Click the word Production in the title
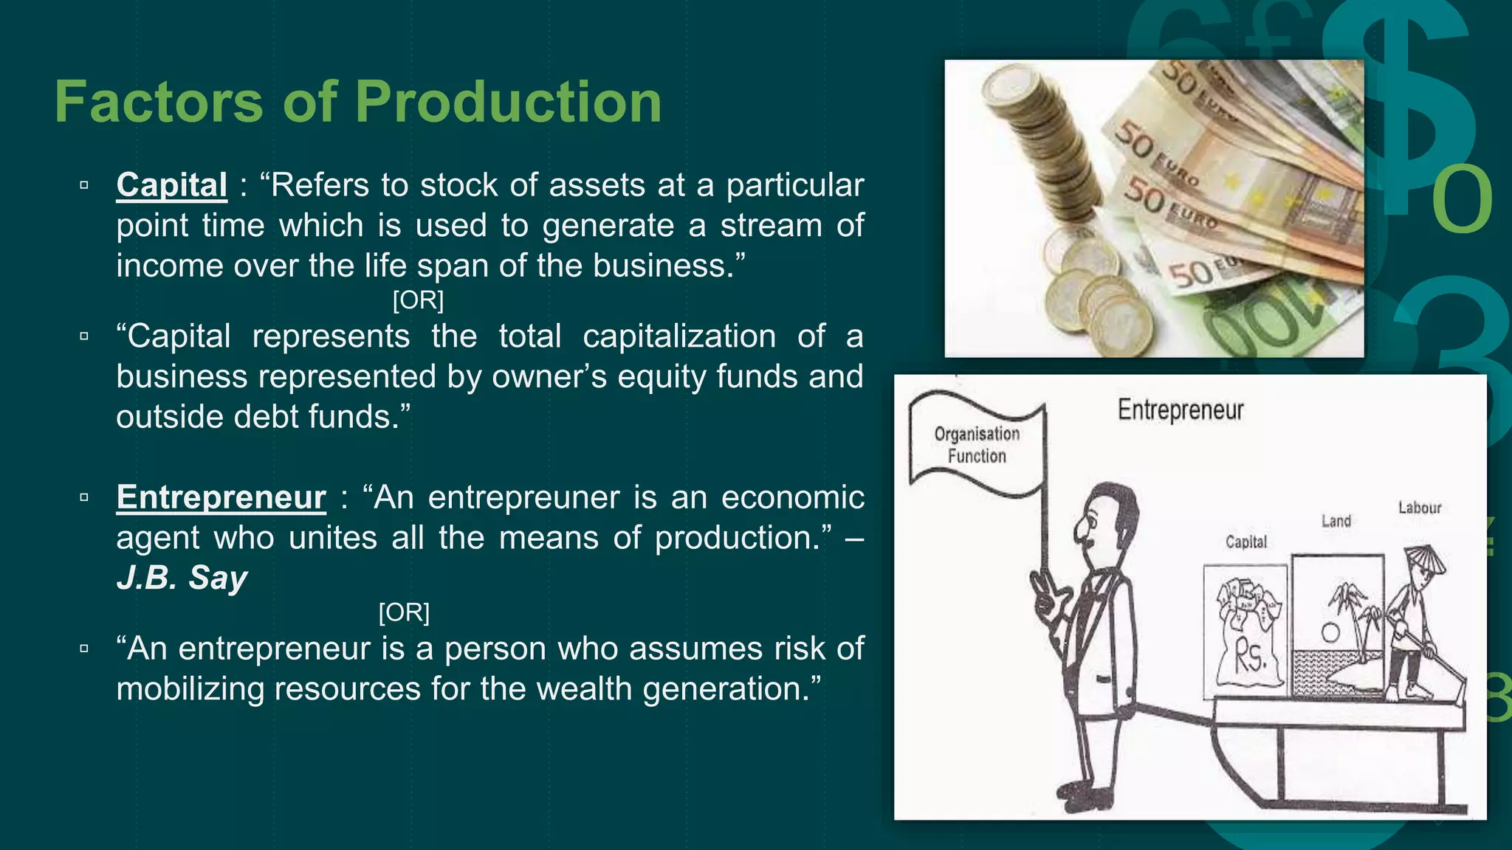[x=508, y=102]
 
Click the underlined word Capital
[x=171, y=184]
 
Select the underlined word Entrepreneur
[x=221, y=497]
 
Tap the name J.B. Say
[x=182, y=578]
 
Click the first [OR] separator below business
[x=418, y=300]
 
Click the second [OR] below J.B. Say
[x=404, y=612]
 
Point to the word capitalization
[x=678, y=336]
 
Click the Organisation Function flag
[x=977, y=445]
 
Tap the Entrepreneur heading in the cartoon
[x=1180, y=410]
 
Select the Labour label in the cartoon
[x=1419, y=508]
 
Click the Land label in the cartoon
[x=1336, y=521]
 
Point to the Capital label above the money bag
[x=1245, y=542]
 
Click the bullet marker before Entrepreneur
[x=84, y=497]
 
